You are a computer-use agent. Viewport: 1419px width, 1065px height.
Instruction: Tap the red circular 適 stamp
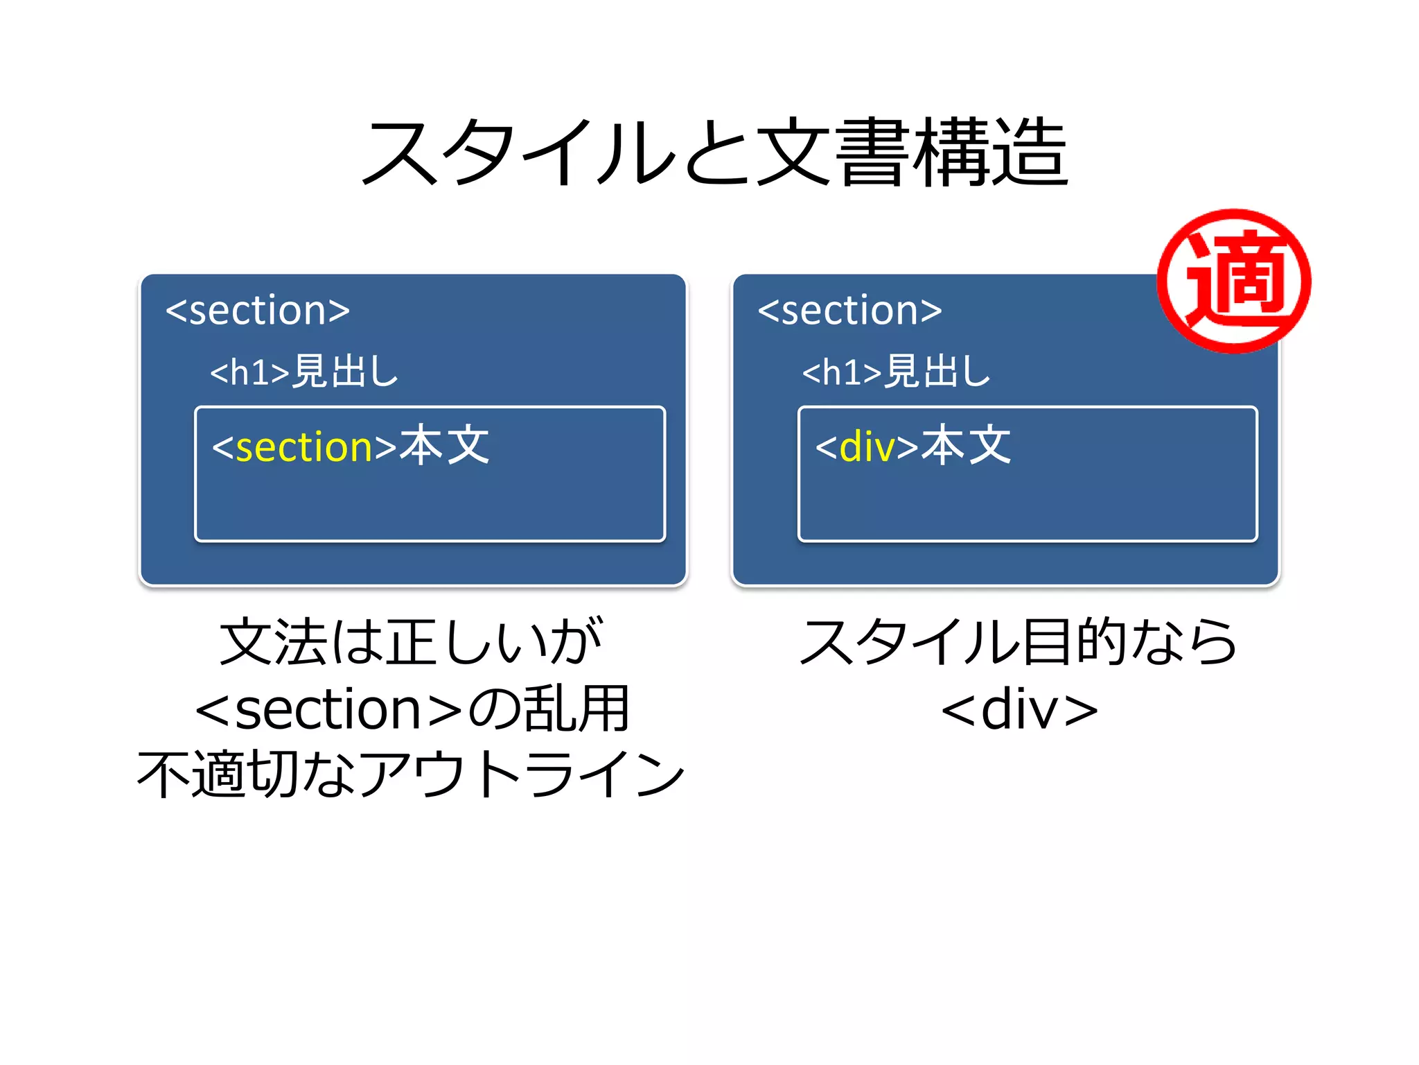pyautogui.click(x=1234, y=281)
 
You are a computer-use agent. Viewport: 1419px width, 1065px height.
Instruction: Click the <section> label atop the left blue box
pyautogui.click(x=258, y=310)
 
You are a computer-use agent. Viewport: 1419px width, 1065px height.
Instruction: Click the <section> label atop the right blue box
pyautogui.click(x=849, y=310)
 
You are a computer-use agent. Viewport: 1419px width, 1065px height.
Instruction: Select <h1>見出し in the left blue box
pyautogui.click(x=304, y=371)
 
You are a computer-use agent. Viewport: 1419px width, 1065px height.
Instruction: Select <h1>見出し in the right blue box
pyautogui.click(x=896, y=371)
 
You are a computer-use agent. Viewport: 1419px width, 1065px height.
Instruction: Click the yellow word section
pyautogui.click(x=305, y=447)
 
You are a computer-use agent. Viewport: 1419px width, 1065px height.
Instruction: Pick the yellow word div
pyautogui.click(x=867, y=447)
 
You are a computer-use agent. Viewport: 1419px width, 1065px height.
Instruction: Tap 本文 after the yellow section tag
pyautogui.click(x=445, y=446)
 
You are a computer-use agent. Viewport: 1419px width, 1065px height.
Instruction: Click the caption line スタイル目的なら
pyautogui.click(x=1019, y=642)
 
